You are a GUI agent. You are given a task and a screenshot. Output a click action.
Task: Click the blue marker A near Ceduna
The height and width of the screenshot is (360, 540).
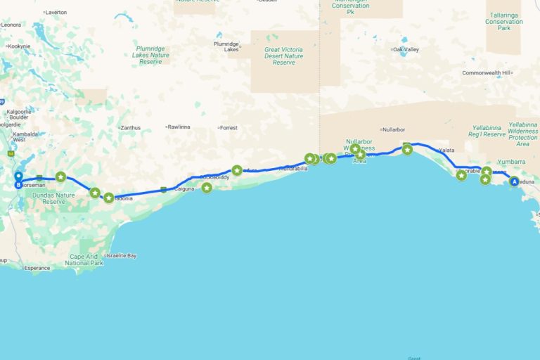[x=514, y=181]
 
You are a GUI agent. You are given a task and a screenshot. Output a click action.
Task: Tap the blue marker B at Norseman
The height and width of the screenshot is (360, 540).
[x=18, y=185]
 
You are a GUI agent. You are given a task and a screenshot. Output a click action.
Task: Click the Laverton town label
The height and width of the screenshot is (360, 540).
[x=56, y=13]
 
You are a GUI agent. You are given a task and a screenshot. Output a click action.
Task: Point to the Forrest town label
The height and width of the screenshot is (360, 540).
[x=229, y=128]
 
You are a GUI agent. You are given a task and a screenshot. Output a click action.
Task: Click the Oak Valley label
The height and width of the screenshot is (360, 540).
[x=406, y=49]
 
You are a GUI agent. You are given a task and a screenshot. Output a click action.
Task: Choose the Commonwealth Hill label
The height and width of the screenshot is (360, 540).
[x=490, y=73]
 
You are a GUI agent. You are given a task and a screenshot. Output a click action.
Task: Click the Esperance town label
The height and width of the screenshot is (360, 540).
[x=37, y=268]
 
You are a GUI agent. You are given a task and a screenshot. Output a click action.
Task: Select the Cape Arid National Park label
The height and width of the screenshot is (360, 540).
[x=84, y=259]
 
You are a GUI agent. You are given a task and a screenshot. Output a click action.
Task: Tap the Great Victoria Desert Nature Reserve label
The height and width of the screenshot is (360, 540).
[x=283, y=56]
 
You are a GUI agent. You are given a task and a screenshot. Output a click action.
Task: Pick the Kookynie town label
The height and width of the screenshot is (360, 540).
[x=19, y=46]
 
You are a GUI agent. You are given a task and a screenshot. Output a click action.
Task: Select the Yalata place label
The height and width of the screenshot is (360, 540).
[x=447, y=150]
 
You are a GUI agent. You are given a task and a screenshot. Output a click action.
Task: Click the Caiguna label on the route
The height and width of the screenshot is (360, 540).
[x=184, y=189]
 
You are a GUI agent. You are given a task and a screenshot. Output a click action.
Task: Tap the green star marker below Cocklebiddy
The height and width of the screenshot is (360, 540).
[x=207, y=188]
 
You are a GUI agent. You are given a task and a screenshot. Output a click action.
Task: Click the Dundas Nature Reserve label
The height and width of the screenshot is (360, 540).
[x=58, y=198]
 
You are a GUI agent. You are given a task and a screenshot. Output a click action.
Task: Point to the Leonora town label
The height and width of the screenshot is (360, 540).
[x=11, y=25]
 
